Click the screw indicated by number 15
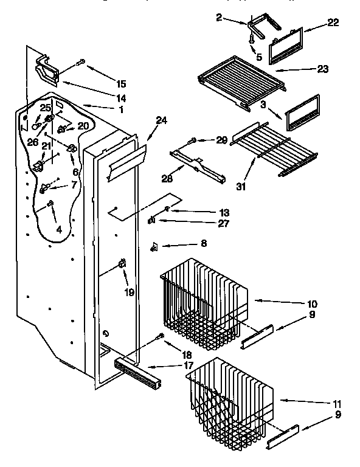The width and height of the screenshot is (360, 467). (81, 61)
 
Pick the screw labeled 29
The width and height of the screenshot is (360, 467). (192, 141)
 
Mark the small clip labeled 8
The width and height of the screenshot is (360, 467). (155, 246)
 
